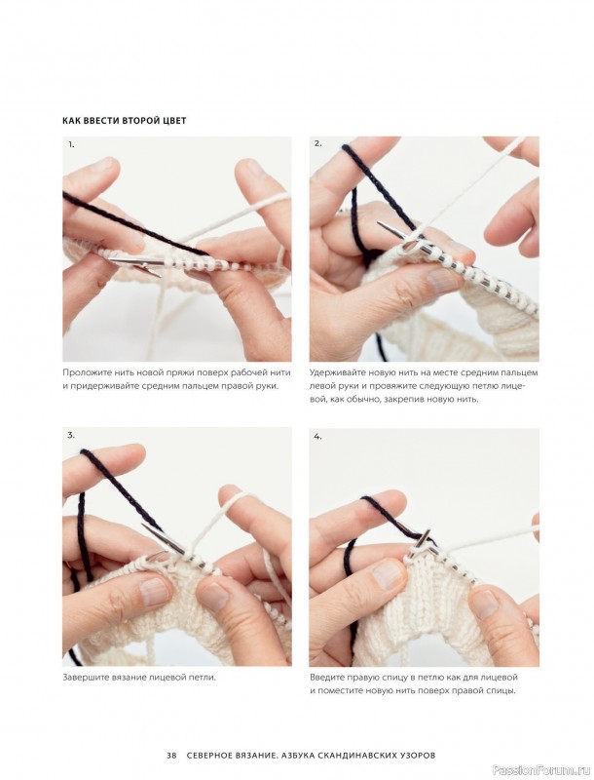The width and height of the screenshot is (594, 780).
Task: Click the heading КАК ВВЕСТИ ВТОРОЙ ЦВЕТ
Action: pyautogui.click(x=125, y=120)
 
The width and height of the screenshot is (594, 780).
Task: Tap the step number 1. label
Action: pyautogui.click(x=71, y=144)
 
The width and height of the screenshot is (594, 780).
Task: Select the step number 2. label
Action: pyautogui.click(x=318, y=143)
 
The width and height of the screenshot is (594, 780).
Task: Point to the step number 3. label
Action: pyautogui.click(x=71, y=435)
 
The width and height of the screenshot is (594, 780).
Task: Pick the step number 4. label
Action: pyautogui.click(x=317, y=437)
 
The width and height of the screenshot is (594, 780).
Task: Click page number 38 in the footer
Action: pyautogui.click(x=171, y=755)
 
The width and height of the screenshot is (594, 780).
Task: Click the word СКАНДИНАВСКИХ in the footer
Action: pyautogui.click(x=353, y=755)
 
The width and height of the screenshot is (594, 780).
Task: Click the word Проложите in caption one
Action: pyautogui.click(x=82, y=372)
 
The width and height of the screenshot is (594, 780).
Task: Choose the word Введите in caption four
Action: pyautogui.click(x=325, y=677)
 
